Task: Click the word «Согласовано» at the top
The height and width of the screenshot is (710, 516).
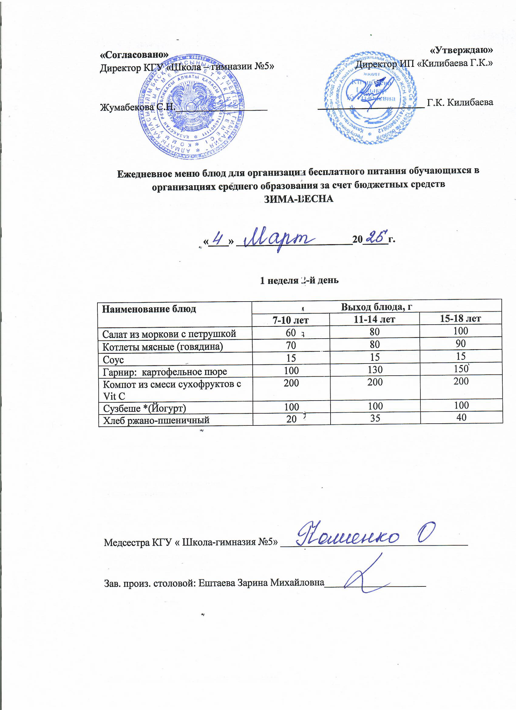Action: (x=134, y=54)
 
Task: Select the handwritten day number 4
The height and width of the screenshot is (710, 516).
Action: (x=219, y=240)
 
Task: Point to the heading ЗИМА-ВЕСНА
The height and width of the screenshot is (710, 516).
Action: (x=299, y=199)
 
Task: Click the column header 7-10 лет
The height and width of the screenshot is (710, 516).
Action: (x=291, y=320)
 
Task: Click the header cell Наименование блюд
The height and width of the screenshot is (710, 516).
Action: (x=149, y=309)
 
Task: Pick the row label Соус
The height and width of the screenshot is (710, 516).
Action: (x=113, y=360)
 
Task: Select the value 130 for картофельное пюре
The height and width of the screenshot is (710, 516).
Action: (x=375, y=370)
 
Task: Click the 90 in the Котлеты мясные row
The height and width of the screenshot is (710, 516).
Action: (x=461, y=344)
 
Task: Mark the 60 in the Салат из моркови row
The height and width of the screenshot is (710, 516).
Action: (x=291, y=333)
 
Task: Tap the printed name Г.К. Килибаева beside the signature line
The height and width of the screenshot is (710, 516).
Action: (x=460, y=102)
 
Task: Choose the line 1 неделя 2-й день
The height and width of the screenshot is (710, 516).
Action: (x=299, y=280)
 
